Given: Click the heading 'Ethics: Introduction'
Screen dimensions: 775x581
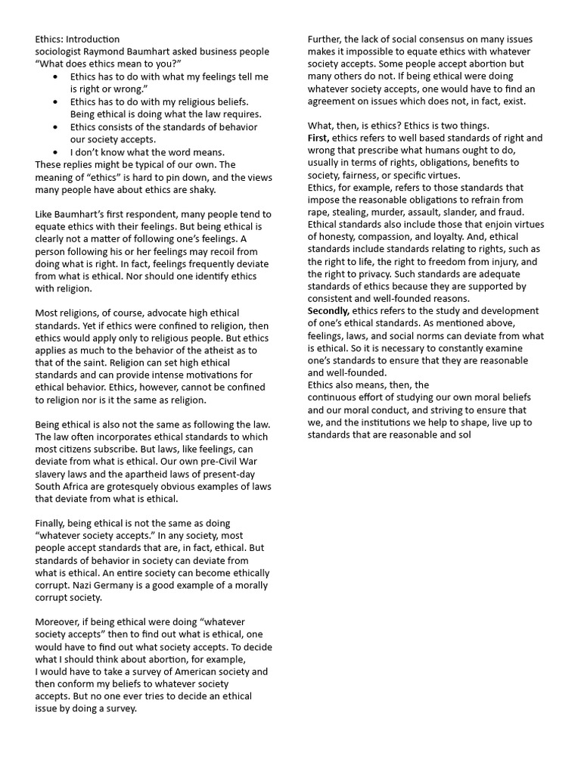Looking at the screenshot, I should (x=77, y=39).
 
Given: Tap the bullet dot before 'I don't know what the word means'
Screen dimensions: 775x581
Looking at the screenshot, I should (x=59, y=152).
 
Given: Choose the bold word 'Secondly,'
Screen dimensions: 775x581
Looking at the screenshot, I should (x=329, y=311).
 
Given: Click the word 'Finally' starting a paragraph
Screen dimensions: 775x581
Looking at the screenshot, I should (x=51, y=523).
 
